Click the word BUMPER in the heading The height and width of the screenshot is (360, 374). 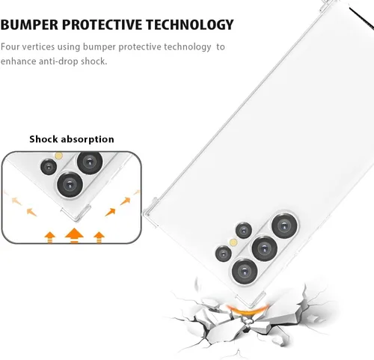pos(29,25)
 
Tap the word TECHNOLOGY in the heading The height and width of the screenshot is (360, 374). pos(190,25)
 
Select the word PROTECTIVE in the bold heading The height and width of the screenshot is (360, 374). pos(102,25)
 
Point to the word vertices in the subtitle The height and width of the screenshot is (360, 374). pos(38,46)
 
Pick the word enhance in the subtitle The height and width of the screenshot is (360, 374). pos(18,61)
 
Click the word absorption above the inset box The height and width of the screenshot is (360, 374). pos(88,139)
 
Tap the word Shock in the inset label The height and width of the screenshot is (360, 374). pos(43,138)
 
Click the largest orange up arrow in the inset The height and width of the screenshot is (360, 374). pos(74,235)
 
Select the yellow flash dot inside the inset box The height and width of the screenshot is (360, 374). pos(58,156)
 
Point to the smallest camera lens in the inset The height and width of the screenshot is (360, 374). pos(49,166)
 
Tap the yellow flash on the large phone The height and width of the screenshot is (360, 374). pos(233,242)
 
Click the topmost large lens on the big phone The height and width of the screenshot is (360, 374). pos(284,226)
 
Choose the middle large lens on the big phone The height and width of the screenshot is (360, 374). pos(264,248)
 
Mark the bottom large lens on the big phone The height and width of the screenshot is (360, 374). pos(245,271)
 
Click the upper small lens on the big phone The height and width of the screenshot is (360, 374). pos(244,230)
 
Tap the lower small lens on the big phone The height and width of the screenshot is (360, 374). pos(224,254)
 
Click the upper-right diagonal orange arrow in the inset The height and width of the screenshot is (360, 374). pos(125,201)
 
